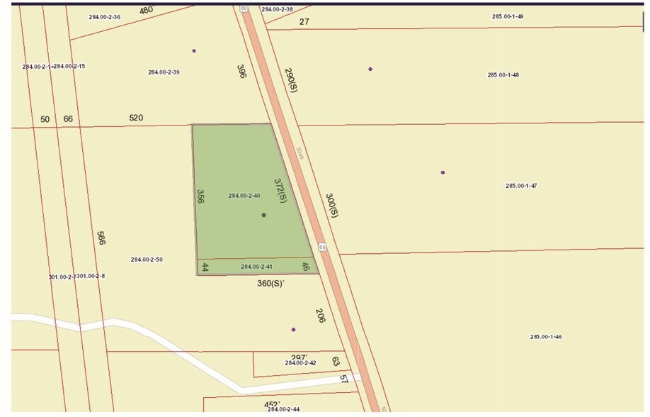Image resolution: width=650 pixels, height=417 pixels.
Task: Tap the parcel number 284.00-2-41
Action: [x=257, y=267]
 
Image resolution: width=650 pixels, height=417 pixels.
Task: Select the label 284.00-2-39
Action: [x=164, y=72]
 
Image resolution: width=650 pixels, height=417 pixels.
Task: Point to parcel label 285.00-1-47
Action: [x=521, y=186]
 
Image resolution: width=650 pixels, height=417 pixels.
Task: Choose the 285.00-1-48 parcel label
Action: [x=503, y=74]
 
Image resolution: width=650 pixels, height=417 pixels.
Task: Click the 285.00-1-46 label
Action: [x=546, y=337]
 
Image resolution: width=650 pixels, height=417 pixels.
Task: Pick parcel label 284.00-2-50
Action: [x=147, y=260]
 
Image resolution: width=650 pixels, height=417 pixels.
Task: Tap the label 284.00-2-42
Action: [x=300, y=362]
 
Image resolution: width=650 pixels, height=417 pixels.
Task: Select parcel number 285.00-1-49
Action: [x=508, y=16]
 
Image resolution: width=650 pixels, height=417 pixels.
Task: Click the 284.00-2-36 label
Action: [x=105, y=16]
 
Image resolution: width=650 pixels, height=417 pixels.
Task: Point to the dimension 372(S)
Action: [x=280, y=190]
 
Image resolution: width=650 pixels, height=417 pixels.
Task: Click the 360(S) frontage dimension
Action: [x=270, y=284]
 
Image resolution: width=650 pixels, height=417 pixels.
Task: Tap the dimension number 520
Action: [x=137, y=118]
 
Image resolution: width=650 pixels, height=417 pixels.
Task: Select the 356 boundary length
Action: [x=200, y=196]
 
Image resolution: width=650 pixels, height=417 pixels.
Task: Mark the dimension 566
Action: [x=101, y=238]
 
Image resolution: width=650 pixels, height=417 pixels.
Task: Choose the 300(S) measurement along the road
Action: [x=332, y=205]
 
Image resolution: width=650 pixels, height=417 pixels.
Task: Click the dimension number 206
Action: [x=320, y=316]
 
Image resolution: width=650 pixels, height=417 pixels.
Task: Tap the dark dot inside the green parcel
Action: [x=264, y=215]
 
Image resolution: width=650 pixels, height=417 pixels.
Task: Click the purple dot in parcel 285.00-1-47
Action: [x=443, y=172]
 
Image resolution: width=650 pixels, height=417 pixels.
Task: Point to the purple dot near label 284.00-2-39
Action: [x=194, y=50]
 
